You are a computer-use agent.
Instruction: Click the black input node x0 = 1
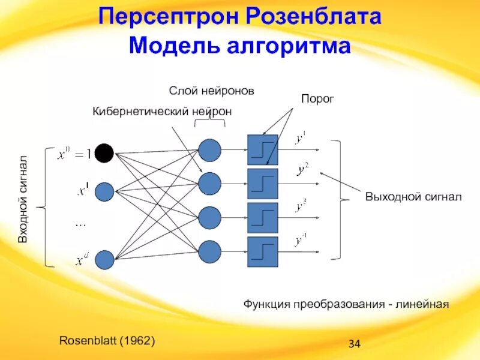pyautogui.click(x=104, y=154)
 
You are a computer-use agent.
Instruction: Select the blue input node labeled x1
pyautogui.click(x=104, y=191)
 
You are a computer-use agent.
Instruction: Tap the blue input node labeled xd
pyautogui.click(x=104, y=259)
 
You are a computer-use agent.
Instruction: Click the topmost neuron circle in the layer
pyautogui.click(x=209, y=150)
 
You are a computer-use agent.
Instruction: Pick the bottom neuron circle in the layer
pyautogui.click(x=209, y=251)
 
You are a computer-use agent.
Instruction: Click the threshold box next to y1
pyautogui.click(x=263, y=150)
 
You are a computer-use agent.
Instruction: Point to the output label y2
pyautogui.click(x=302, y=170)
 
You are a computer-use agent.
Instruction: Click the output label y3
pyautogui.click(x=301, y=207)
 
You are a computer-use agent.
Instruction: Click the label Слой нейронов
pyautogui.click(x=211, y=91)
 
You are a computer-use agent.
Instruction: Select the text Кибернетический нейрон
pyautogui.click(x=161, y=111)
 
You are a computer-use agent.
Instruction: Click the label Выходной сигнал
pyautogui.click(x=413, y=196)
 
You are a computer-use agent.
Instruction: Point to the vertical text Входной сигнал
pyautogui.click(x=23, y=199)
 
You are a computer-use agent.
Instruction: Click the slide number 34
pyautogui.click(x=354, y=344)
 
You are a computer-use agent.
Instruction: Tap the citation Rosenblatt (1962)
pyautogui.click(x=107, y=340)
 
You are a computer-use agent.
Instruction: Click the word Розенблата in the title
pyautogui.click(x=313, y=16)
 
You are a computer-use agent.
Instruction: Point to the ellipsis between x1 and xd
pyautogui.click(x=81, y=224)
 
